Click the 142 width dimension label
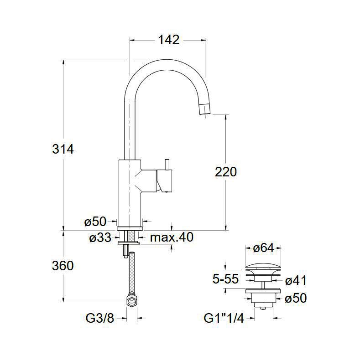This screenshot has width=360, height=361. pyautogui.click(x=168, y=40)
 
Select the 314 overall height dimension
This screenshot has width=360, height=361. pyautogui.click(x=63, y=149)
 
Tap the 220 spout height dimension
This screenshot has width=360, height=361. pyautogui.click(x=226, y=172)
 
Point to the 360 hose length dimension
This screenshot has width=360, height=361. pyautogui.click(x=63, y=265)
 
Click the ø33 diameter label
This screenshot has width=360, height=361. pyautogui.click(x=100, y=237)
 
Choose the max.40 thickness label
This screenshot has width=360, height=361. pyautogui.click(x=172, y=237)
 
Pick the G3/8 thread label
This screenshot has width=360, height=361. pyautogui.click(x=100, y=319)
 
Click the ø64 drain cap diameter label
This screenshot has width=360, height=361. pyautogui.click(x=263, y=248)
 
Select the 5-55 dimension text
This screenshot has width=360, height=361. pyautogui.click(x=225, y=279)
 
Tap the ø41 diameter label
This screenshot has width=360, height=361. pyautogui.click(x=296, y=280)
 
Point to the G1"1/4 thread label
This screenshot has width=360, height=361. pyautogui.click(x=224, y=319)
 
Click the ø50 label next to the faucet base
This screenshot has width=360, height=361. pyautogui.click(x=95, y=222)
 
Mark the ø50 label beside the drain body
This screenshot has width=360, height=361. pyautogui.click(x=296, y=298)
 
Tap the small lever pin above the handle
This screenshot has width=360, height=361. pyautogui.click(x=167, y=165)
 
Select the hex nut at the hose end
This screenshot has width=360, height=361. pyautogui.click(x=131, y=300)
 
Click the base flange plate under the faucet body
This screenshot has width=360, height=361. pyautogui.click(x=130, y=228)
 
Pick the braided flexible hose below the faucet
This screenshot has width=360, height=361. pyautogui.click(x=132, y=273)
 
